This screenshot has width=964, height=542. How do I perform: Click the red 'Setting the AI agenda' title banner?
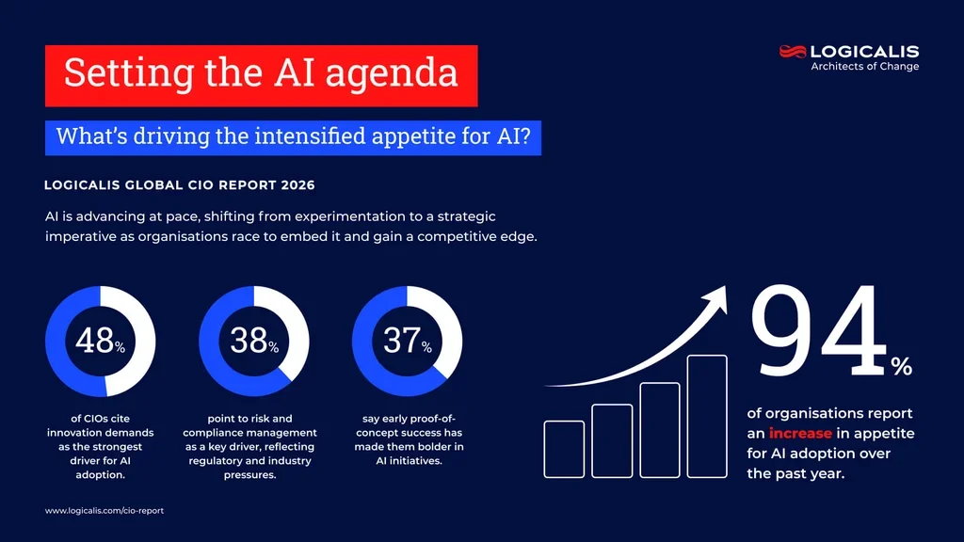pos(261,75)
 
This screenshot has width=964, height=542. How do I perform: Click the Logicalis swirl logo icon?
pos(794,52)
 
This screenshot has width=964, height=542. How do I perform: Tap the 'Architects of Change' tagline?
pos(864,67)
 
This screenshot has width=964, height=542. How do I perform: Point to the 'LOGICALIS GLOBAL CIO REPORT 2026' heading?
pos(180,185)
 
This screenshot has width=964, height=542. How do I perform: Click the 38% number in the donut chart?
pos(251,341)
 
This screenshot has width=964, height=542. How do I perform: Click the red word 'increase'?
pos(800,434)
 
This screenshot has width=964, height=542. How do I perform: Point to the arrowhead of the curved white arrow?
pos(717,295)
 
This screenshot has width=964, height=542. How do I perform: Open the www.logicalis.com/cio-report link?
pos(104,510)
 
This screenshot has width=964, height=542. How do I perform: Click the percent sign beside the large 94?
pos(901,368)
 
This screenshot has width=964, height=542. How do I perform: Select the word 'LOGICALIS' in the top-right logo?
pos(864,52)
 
